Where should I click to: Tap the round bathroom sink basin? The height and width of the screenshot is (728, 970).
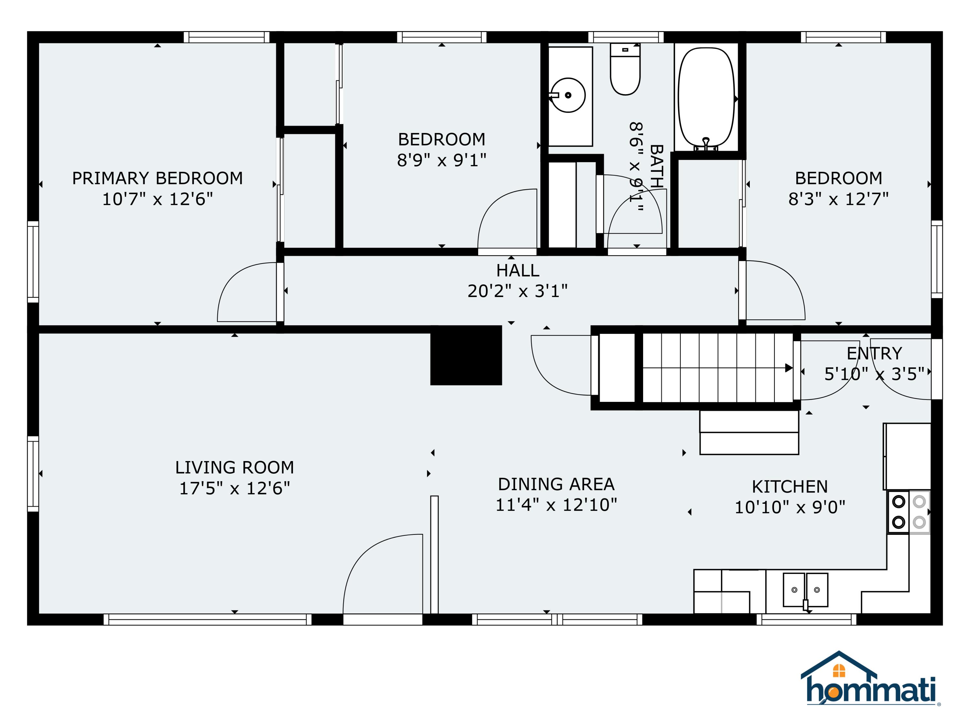point(568,95)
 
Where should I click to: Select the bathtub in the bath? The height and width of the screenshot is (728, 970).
point(706,97)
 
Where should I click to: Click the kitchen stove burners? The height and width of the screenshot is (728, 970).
point(909,512)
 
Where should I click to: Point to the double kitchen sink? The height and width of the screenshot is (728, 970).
point(805,590)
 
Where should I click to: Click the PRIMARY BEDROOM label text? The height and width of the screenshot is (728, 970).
point(157,178)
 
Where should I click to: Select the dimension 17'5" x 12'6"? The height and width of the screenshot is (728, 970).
point(235,488)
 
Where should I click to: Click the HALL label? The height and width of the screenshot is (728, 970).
point(517,270)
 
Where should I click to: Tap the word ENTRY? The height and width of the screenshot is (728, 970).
point(874,353)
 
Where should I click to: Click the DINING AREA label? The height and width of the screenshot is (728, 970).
point(556,484)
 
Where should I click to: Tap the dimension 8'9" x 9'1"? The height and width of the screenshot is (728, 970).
point(442,160)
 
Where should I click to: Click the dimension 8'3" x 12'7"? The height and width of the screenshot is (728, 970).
point(838,199)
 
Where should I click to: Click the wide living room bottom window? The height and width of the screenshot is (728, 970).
point(208,619)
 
